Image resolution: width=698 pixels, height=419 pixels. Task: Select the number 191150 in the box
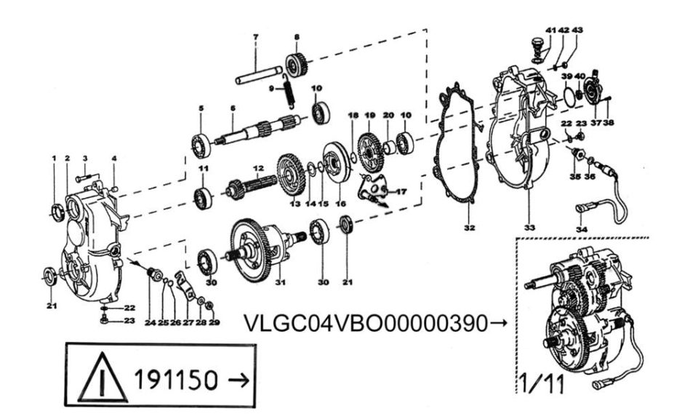coord(176,380)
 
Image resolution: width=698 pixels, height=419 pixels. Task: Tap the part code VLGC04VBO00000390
coord(366,323)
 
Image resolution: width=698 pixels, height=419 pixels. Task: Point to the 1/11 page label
coord(542,383)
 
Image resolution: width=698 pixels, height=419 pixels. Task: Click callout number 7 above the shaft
coord(255,37)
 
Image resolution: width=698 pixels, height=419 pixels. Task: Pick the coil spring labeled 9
coord(289,91)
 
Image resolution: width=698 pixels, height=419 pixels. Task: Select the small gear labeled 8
coord(296,65)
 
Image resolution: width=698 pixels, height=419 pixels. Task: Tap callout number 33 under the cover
coord(529,228)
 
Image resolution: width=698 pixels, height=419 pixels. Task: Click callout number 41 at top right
coord(550,31)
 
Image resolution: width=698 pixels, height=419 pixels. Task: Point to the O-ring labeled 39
coord(569,97)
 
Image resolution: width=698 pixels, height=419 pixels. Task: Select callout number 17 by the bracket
coord(401,192)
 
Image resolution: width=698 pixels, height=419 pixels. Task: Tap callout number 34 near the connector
coord(582,229)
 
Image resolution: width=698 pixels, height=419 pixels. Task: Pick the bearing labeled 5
coord(201,145)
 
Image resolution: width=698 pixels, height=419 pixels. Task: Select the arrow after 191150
coord(238,380)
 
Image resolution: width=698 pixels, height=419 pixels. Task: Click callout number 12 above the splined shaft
coord(259,168)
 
